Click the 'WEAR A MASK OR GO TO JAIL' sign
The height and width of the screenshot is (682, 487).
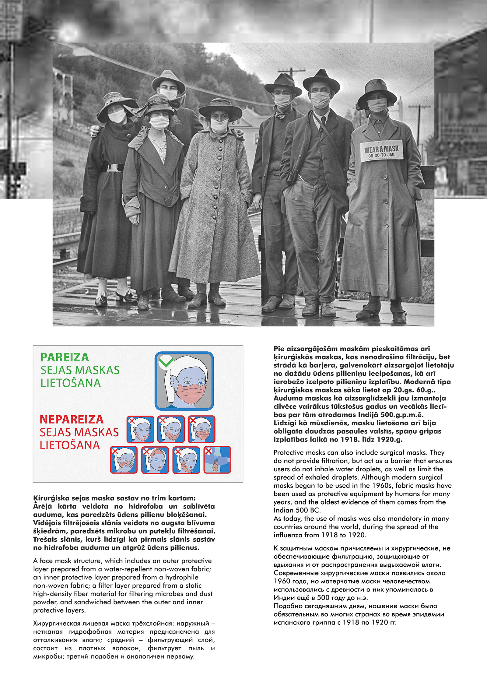click(382, 151)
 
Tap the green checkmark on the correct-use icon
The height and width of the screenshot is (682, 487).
click(166, 362)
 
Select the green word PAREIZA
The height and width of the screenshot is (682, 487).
click(65, 357)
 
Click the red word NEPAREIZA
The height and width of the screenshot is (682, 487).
click(72, 419)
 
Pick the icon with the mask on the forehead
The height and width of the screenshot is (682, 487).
click(155, 460)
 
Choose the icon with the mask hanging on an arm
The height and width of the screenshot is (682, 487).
click(217, 460)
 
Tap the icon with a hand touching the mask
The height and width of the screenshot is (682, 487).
click(124, 460)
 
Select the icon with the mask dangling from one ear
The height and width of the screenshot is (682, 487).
click(186, 460)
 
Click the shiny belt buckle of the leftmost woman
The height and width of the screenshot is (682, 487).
click(113, 168)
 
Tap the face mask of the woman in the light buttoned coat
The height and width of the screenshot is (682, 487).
click(219, 125)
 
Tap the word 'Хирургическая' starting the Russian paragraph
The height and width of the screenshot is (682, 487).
click(54, 623)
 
